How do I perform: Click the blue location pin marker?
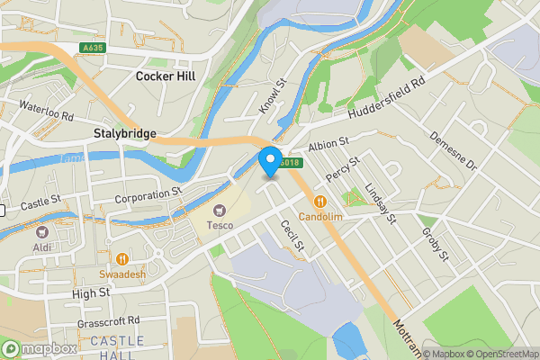[269, 160]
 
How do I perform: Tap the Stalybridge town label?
[125, 133]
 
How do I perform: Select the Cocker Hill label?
[165, 76]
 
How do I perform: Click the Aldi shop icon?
[41, 231]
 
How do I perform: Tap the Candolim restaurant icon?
[319, 203]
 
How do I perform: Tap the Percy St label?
[343, 171]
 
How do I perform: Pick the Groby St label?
[435, 242]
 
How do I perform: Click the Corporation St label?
[148, 195]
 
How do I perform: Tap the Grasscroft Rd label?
[109, 319]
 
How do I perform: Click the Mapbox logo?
[39, 348]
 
